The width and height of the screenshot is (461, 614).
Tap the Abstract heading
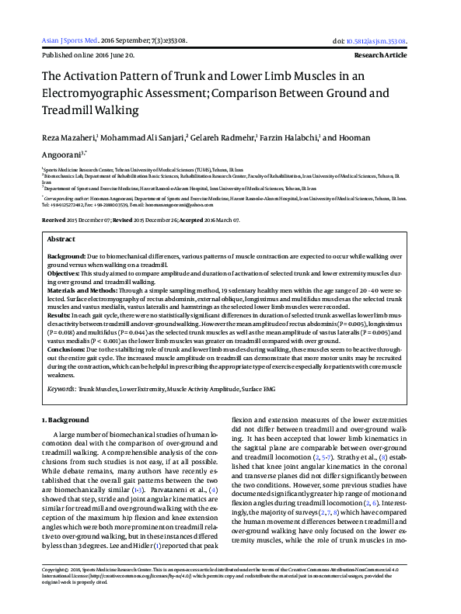[61, 240]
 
